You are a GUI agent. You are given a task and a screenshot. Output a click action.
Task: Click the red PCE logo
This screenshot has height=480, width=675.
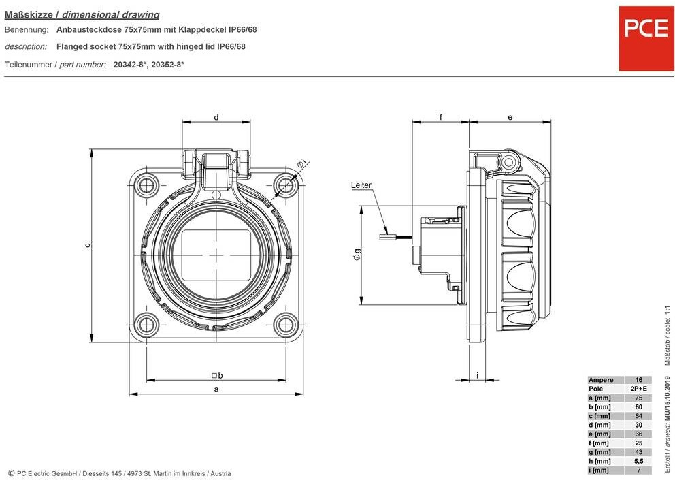tap(646, 38)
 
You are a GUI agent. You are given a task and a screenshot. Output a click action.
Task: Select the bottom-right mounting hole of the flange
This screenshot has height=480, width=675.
tap(286, 325)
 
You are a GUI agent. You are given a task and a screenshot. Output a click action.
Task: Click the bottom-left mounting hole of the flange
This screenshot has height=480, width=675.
tap(147, 325)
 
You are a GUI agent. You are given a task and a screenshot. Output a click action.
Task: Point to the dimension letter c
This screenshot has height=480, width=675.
tap(87, 245)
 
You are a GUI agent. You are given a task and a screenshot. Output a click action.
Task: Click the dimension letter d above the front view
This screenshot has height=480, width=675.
tap(216, 117)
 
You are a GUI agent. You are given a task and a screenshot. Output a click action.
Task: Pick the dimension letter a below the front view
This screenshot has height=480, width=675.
tap(216, 389)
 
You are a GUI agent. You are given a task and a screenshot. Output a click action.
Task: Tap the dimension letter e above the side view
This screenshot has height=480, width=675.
tap(510, 117)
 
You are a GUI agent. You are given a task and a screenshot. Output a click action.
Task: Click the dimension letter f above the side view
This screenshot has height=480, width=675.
tap(441, 117)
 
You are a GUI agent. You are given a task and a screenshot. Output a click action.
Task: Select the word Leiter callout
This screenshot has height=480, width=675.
tap(361, 185)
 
